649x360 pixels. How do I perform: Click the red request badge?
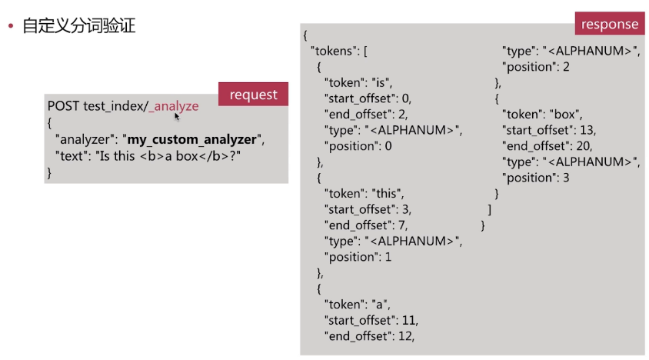point(253,95)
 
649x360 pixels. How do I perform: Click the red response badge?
point(609,24)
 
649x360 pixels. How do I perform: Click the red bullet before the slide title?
point(11,27)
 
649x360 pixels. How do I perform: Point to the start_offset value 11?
point(411,319)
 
